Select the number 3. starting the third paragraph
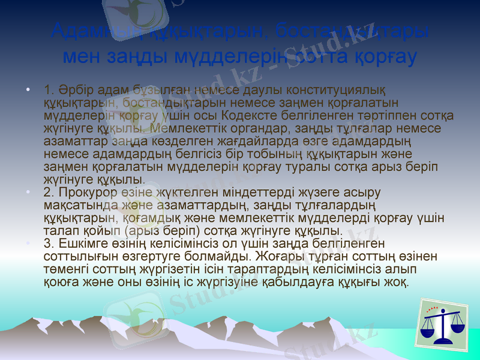click(x=50, y=243)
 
